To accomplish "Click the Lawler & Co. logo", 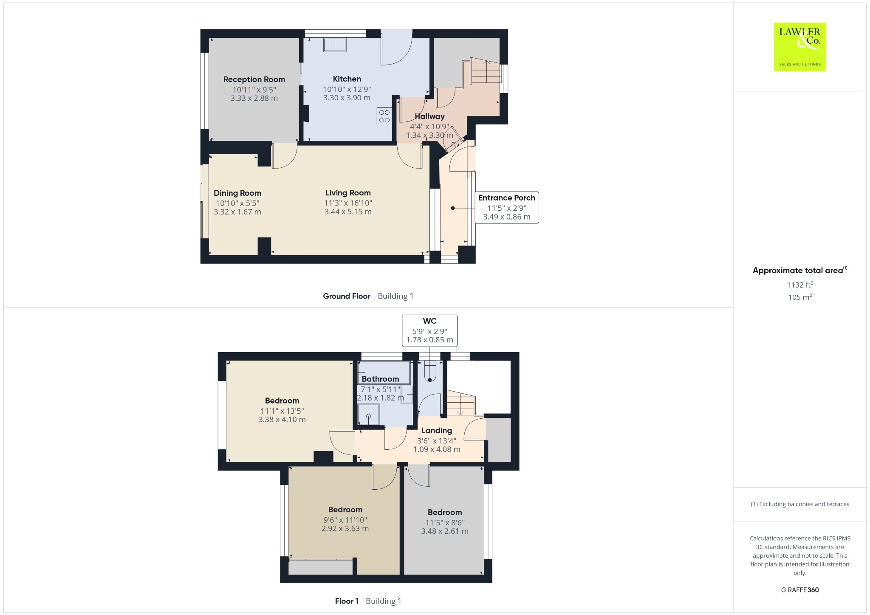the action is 799,47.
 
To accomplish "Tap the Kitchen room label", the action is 347,79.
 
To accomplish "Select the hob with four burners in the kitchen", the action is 384,116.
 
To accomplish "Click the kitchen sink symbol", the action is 335,45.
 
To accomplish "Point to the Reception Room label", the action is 254,79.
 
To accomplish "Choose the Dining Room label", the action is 237,193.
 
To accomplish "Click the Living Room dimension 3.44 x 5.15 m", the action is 348,212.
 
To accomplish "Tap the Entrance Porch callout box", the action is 507,207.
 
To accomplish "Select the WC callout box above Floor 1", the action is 429,330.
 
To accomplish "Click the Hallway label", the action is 429,116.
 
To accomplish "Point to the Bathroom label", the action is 380,379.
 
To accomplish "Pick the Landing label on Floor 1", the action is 436,431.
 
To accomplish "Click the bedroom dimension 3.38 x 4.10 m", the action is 282,420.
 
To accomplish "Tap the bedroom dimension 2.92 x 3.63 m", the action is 345,529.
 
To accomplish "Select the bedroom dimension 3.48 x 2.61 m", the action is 445,531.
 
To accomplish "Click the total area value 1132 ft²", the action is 800,285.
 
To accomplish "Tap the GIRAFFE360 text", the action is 800,590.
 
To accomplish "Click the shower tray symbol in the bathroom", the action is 369,414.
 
